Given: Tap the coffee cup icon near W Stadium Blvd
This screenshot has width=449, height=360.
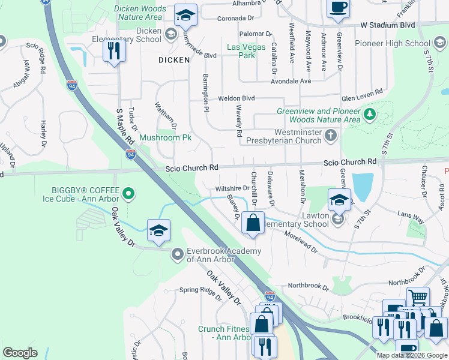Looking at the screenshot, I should pos(339,8).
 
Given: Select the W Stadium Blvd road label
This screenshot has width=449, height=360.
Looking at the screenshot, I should pos(388,25).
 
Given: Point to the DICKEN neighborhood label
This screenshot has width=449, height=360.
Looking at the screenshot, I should pos(174,60).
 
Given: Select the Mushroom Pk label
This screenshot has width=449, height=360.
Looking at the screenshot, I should pos(165,137).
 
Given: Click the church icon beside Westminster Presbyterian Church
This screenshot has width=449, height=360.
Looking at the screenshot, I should pos(330,136).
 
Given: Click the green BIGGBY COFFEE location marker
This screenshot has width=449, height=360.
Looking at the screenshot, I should pos(128,193).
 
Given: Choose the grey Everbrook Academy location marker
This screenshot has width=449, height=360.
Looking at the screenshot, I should pos(177,254).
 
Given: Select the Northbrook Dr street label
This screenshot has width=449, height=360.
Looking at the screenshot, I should pos(309,287).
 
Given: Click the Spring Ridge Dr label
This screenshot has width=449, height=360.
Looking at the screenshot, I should pos(200,290).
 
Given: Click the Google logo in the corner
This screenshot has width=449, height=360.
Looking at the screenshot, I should pos(20,353).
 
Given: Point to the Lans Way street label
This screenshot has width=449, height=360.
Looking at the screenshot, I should pos(411,217).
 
